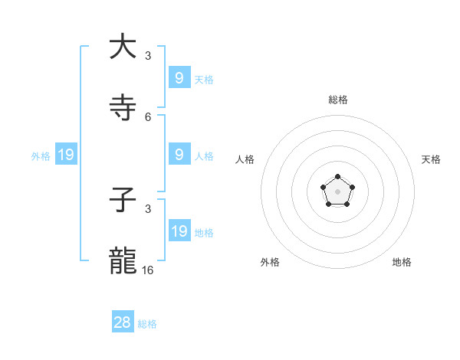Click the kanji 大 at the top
(x=123, y=47)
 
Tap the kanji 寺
(x=123, y=108)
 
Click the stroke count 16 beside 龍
(x=148, y=270)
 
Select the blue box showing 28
(x=123, y=322)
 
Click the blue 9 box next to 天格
(x=179, y=77)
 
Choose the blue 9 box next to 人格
(x=179, y=154)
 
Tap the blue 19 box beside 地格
(x=179, y=231)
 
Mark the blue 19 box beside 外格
(x=66, y=155)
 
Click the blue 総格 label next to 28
(x=147, y=324)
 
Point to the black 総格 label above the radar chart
(x=338, y=100)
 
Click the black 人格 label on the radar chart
(x=245, y=159)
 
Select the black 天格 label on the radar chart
(x=431, y=159)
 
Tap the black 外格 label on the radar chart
(x=270, y=262)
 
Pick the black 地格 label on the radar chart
(x=402, y=262)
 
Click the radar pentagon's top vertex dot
(x=338, y=177)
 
